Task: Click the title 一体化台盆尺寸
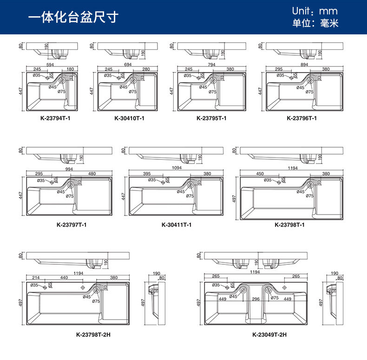[73, 18]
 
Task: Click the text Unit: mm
[315, 11]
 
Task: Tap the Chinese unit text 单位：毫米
[315, 23]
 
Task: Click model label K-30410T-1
[129, 118]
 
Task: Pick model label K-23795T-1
[211, 118]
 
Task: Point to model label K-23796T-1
[301, 118]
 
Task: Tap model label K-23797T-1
[72, 225]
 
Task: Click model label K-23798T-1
[289, 225]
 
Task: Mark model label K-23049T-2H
[269, 334]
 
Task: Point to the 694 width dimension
[129, 64]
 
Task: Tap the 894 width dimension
[304, 64]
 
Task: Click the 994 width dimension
[70, 170]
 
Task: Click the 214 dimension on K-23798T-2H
[36, 278]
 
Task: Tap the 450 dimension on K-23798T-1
[260, 174]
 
